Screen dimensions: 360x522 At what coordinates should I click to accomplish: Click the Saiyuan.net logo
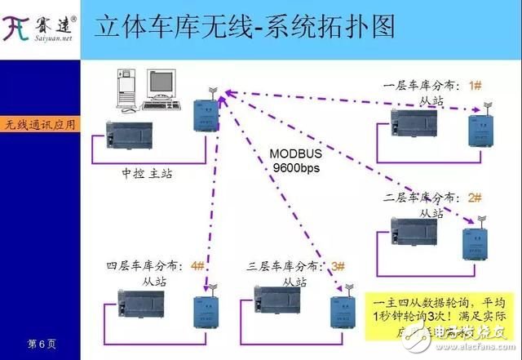[x=40, y=29]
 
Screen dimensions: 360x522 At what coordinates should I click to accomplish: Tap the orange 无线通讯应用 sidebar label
[x=40, y=125]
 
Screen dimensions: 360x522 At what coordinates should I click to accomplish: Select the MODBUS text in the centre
[x=297, y=153]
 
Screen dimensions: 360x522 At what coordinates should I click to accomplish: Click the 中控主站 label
[x=147, y=173]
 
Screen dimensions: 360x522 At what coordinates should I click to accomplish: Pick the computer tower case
[x=129, y=91]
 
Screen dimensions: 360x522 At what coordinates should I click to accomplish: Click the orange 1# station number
[x=476, y=85]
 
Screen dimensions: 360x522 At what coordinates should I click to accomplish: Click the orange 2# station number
[x=476, y=198]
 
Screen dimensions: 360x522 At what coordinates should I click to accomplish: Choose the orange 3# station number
[x=338, y=266]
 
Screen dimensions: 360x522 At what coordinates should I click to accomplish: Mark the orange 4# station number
[x=197, y=265]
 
